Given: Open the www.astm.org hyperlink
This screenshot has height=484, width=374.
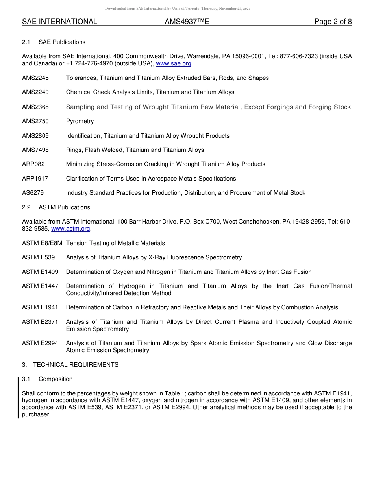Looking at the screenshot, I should pyautogui.click(x=71, y=229).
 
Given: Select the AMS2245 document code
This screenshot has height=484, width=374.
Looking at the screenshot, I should pyautogui.click(x=35, y=78).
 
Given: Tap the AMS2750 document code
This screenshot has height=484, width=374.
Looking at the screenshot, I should pyautogui.click(x=35, y=121).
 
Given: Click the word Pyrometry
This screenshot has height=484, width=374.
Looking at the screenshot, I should pyautogui.click(x=80, y=121).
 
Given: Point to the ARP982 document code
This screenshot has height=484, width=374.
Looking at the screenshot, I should pyautogui.click(x=33, y=164).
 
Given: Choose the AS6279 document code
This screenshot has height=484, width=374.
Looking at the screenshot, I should pyautogui.click(x=33, y=193).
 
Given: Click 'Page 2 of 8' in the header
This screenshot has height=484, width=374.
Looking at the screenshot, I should pyautogui.click(x=333, y=22).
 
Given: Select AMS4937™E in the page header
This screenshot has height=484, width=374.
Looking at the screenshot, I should pyautogui.click(x=187, y=22).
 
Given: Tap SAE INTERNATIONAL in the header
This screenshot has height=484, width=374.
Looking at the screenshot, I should pyautogui.click(x=59, y=22).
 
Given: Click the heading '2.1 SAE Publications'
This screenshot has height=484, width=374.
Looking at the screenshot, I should pyautogui.click(x=54, y=42).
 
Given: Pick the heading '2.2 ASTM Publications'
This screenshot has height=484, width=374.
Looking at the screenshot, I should pyautogui.click(x=56, y=207).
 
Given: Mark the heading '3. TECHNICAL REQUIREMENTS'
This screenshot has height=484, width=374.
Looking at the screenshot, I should pyautogui.click(x=70, y=365).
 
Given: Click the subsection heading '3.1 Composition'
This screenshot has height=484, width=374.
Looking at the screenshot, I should pyautogui.click(x=47, y=379).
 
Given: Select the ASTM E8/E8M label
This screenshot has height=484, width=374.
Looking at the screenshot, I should pyautogui.click(x=42, y=243).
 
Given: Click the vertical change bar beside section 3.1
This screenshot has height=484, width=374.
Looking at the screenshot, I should pyautogui.click(x=19, y=397).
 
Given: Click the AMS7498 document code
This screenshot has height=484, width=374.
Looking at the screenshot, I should pyautogui.click(x=35, y=150).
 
